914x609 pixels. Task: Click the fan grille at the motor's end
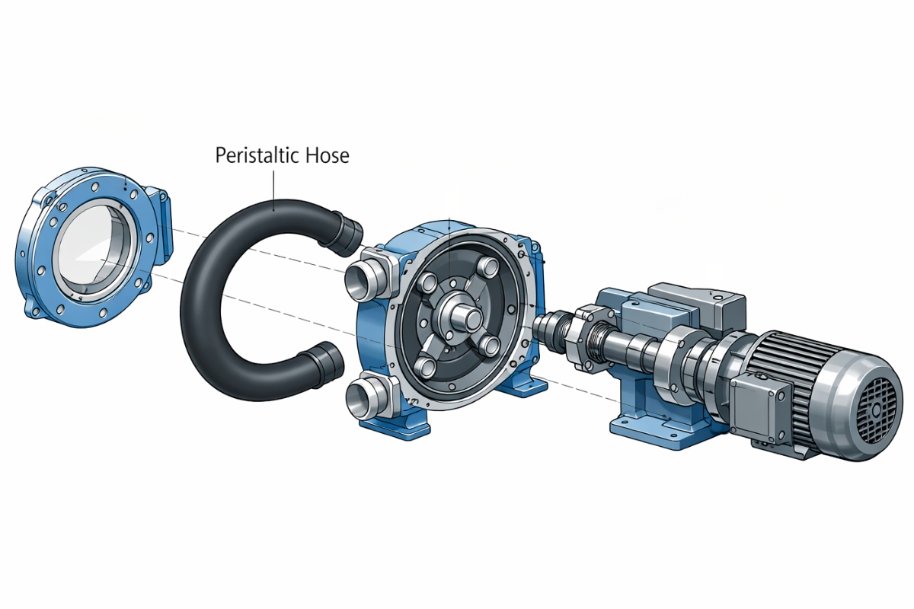coord(877,408)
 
